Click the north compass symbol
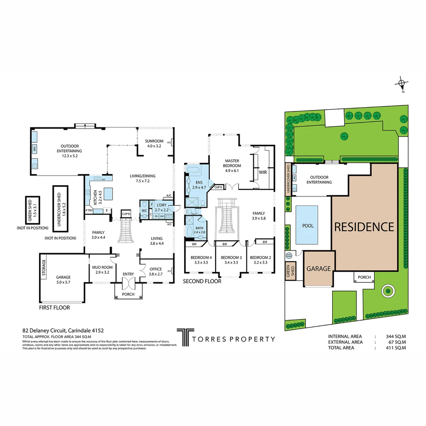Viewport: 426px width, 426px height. coord(402,84)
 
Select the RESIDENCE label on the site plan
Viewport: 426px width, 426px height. coord(364,227)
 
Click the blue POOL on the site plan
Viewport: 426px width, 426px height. coord(307,226)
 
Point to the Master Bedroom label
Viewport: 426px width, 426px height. coord(232,163)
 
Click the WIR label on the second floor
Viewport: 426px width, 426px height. coord(263,172)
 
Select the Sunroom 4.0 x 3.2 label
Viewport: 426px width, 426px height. coord(154,143)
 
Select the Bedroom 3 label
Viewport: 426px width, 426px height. coord(230,260)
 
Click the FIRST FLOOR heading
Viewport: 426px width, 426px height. coord(54,307)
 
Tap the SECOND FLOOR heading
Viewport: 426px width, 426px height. coord(202,281)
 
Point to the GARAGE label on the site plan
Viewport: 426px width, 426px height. coord(318,269)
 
